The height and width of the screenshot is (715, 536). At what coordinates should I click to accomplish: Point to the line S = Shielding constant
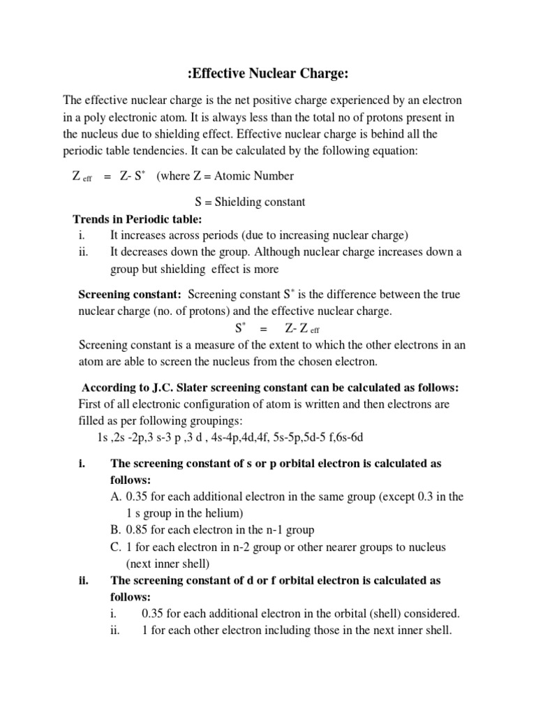[x=251, y=202]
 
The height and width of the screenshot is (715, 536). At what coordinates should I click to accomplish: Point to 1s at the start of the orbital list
[x=104, y=438]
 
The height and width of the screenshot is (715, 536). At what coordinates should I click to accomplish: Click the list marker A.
[x=116, y=496]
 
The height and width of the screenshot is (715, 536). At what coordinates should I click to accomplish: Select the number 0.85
[x=139, y=530]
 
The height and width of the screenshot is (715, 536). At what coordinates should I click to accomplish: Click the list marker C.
[x=116, y=547]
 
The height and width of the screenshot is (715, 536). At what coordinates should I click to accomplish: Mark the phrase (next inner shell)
[x=168, y=563]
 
